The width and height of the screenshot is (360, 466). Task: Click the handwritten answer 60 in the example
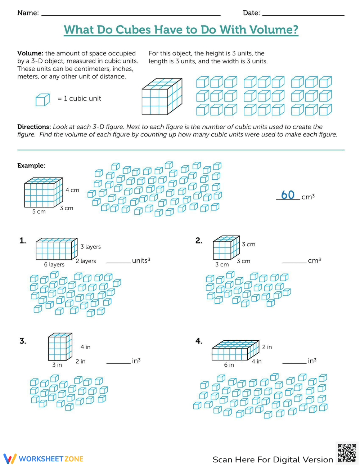(288, 195)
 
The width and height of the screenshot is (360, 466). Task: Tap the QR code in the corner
(347, 453)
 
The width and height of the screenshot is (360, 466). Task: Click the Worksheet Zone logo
(44, 458)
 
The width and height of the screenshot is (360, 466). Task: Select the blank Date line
(303, 15)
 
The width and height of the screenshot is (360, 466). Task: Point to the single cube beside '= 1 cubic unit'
(42, 100)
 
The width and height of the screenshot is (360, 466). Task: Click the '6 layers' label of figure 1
(54, 264)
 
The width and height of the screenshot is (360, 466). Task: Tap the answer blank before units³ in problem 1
(118, 262)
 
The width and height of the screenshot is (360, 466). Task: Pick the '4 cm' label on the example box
(72, 190)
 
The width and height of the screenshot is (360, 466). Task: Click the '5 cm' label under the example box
(39, 211)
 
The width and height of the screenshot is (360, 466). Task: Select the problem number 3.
(23, 341)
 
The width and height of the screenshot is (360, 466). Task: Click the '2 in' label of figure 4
(267, 347)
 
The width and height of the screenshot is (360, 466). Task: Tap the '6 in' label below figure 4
(229, 365)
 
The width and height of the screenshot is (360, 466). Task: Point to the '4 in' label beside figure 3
(85, 347)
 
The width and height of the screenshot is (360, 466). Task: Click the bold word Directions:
(34, 127)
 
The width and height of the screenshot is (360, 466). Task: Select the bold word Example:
(31, 166)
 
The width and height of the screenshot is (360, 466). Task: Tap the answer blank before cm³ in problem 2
(294, 262)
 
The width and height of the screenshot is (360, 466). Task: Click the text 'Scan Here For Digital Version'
(273, 460)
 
